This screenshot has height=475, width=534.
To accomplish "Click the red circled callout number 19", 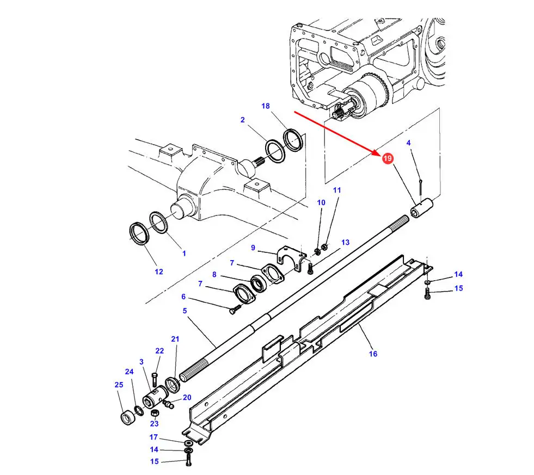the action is (x=387, y=158).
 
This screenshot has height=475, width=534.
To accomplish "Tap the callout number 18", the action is (x=266, y=106).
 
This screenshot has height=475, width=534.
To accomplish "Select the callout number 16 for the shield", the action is (x=373, y=354).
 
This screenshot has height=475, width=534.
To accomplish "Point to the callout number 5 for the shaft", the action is (x=185, y=311).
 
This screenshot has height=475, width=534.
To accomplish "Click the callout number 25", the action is (x=119, y=385).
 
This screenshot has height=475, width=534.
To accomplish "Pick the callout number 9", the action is (x=253, y=248).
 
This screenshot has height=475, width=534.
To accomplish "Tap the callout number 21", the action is (x=175, y=339).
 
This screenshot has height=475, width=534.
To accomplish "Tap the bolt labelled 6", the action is (x=235, y=309).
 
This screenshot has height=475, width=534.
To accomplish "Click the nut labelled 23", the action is (x=154, y=413).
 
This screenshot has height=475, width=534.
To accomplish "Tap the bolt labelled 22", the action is (x=155, y=380).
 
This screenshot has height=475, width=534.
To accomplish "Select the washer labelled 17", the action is (x=188, y=443).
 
